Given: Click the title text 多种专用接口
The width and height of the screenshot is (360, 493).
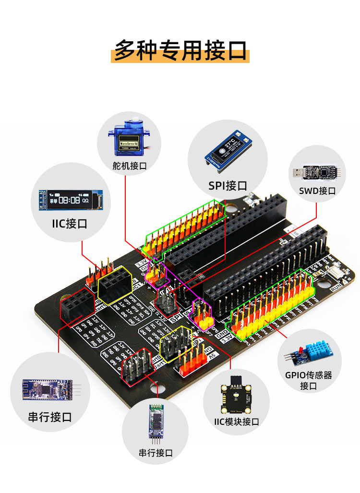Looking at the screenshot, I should tap(180, 50).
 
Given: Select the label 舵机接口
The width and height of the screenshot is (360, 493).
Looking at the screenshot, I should tap(129, 166).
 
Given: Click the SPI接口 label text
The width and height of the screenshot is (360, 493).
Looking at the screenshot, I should tap(228, 185).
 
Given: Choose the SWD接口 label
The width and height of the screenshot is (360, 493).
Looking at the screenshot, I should tap(317, 191).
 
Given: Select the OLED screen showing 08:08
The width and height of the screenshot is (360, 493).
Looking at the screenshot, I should tap(70, 200).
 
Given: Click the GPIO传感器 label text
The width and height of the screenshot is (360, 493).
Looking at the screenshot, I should tap(309, 375).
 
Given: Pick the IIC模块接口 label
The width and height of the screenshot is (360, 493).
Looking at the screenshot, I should tap(236, 421).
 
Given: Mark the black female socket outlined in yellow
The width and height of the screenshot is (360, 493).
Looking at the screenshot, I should tap(115, 285).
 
